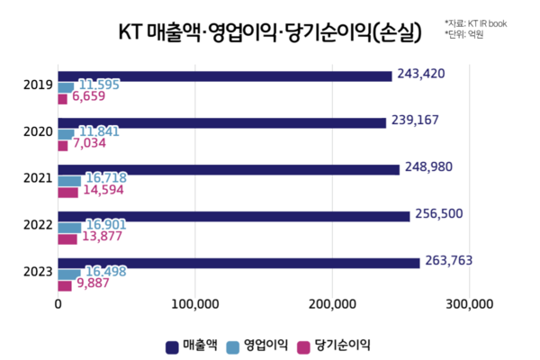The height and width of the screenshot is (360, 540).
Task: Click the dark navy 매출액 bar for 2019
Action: click(x=225, y=76)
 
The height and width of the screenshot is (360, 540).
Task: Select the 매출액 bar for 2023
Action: click(x=238, y=263)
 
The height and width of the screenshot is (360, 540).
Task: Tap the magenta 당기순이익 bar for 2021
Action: click(x=68, y=192)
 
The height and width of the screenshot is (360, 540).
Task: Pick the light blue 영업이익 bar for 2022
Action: click(x=70, y=227)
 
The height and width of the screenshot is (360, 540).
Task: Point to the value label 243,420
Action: click(x=421, y=74)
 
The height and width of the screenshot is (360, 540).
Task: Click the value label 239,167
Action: click(x=415, y=121)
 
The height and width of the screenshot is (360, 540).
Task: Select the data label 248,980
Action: click(x=428, y=167)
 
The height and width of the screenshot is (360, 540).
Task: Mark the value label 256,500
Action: click(x=438, y=214)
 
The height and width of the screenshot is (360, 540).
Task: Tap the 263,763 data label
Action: click(x=448, y=261)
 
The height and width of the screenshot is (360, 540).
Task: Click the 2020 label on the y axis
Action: click(x=37, y=132)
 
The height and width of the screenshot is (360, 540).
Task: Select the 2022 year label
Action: click(x=37, y=226)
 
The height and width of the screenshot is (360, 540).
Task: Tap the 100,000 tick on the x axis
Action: click(x=195, y=304)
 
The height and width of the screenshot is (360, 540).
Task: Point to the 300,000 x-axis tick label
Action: click(x=469, y=304)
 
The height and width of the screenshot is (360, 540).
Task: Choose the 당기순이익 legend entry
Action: click(x=332, y=344)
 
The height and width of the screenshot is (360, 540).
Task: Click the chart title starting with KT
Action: click(x=270, y=33)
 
